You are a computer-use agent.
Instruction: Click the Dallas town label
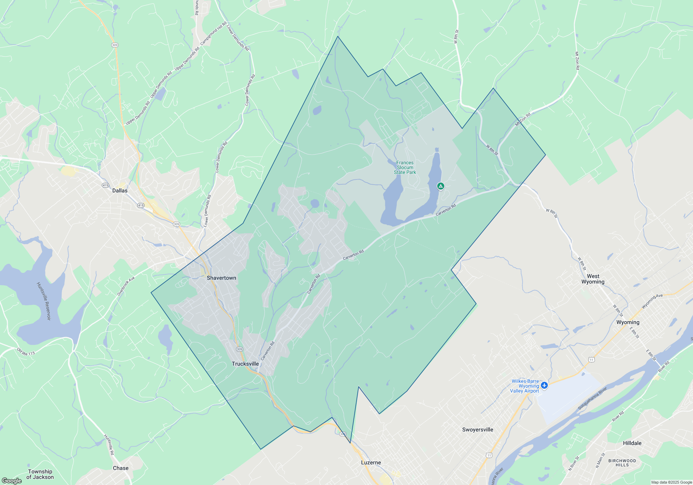pos(120,191)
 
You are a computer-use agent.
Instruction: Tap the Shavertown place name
pos(221,278)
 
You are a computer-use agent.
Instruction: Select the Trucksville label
pos(245,364)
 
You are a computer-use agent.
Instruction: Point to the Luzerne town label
pos(371,462)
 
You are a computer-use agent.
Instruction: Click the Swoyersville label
pos(477,430)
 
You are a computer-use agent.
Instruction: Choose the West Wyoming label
pos(593,279)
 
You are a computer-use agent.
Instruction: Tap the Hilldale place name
pos(632,443)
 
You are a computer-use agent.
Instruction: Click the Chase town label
pos(121,468)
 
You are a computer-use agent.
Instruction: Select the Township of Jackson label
pos(40,474)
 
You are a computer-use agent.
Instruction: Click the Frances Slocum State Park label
pos(405,167)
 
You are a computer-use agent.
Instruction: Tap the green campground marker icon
pos(440,186)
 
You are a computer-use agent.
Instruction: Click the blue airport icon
pos(544,385)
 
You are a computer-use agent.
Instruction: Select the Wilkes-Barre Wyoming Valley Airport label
pos(525,386)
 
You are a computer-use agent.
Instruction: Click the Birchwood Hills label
pos(622,463)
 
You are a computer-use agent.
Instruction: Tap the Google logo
pos(12,480)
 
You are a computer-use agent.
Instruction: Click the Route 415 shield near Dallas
pos(105,185)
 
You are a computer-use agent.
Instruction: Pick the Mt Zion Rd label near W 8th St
pos(523,120)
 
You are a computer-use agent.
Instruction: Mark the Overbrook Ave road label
pos(126,286)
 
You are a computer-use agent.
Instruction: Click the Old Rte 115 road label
pos(26,352)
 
